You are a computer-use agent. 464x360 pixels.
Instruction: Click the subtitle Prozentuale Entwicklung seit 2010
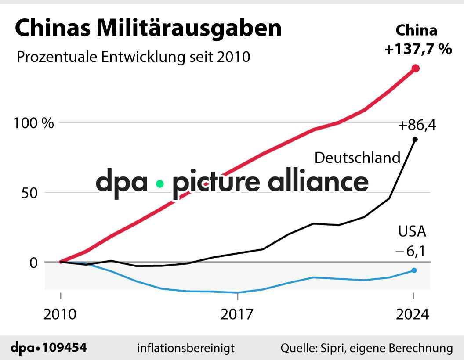[133, 57]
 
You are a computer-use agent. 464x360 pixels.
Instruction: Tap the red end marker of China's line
[415, 68]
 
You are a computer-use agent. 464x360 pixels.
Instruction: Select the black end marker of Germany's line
[415, 139]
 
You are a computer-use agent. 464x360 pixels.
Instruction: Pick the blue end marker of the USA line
[414, 270]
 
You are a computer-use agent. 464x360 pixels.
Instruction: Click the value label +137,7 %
[418, 49]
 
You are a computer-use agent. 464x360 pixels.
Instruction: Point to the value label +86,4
[417, 126]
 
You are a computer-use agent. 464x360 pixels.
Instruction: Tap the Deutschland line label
[358, 158]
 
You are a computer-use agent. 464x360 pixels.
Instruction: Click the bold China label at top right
[417, 31]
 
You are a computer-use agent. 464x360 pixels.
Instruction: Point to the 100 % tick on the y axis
[33, 123]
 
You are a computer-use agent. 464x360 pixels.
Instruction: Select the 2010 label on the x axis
[60, 314]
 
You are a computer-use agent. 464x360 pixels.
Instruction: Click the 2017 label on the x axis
[237, 314]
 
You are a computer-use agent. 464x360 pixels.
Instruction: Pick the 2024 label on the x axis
[413, 314]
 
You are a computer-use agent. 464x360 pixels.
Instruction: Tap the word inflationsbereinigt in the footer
[186, 348]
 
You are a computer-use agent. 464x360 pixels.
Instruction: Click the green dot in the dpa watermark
[160, 184]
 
